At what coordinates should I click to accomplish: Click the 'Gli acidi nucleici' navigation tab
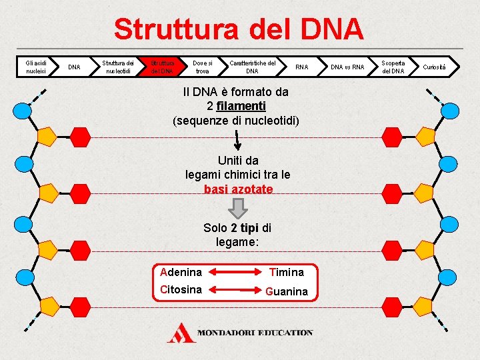click(35, 67)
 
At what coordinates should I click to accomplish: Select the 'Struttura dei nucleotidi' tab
click(117, 67)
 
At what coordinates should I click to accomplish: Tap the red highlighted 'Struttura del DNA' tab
click(161, 67)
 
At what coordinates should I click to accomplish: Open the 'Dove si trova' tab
click(202, 67)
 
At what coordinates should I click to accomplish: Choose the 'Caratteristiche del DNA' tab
click(253, 67)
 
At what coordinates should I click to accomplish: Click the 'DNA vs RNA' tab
click(348, 67)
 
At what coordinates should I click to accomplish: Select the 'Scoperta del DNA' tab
click(393, 67)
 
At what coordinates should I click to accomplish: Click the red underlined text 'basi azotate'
click(239, 189)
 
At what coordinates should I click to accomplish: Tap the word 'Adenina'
click(181, 272)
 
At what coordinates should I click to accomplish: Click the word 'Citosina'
click(181, 289)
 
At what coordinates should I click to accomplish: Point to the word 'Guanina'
click(287, 291)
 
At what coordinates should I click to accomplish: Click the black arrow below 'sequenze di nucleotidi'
click(237, 141)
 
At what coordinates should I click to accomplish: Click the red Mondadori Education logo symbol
click(181, 333)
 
